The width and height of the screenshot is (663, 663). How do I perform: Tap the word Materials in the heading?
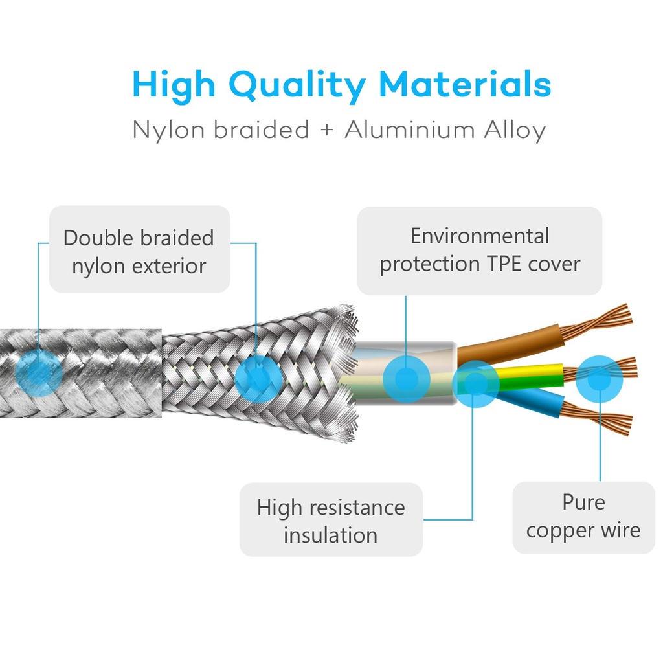coord(465,84)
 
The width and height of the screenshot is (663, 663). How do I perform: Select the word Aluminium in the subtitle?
coord(410,129)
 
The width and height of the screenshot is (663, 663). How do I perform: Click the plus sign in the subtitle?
coord(327,129)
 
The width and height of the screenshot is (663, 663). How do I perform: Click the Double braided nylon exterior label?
coord(140,249)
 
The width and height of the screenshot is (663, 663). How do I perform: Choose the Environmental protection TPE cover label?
coord(480,251)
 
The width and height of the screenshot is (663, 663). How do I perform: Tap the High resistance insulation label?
coord(331,520)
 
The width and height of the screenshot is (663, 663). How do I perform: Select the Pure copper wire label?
coord(583,517)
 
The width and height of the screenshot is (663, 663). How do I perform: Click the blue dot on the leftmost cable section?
coord(39,373)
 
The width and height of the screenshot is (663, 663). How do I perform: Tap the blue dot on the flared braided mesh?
coord(258,378)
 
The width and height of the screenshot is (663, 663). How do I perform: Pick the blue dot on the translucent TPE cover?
coord(407,379)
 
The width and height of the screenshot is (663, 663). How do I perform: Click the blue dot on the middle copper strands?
coord(599,379)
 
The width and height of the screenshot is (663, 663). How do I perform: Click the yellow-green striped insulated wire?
coord(528,376)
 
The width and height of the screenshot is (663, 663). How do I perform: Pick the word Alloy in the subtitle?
coord(515,130)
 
